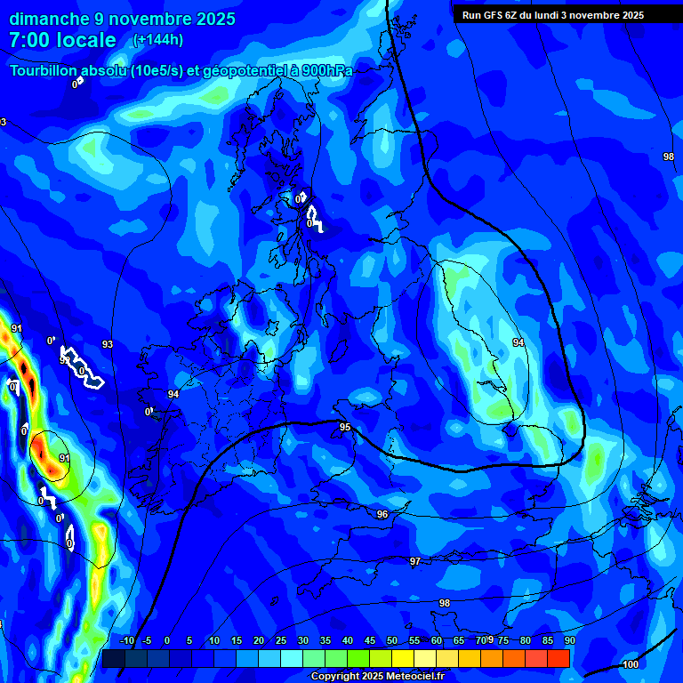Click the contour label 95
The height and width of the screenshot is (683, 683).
pos(345,428)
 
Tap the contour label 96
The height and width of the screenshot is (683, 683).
pos(382,514)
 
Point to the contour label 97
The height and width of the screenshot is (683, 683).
pos(415,561)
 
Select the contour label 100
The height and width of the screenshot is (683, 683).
pos(631,664)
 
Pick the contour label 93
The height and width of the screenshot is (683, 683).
pos(108,344)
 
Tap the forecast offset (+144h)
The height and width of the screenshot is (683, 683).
pos(157,40)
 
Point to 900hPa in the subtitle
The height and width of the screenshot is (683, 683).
pos(322,71)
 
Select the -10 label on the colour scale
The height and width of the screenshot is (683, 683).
pos(126,640)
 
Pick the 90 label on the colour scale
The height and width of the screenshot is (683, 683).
pos(570,640)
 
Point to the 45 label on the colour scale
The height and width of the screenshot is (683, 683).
pos(370,640)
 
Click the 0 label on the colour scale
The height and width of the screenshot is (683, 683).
pos(167,640)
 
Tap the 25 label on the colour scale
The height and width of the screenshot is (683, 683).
pos(281,640)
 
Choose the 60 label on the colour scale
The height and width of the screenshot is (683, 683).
pos(437,640)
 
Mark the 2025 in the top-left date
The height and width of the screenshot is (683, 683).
pos(213,19)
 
